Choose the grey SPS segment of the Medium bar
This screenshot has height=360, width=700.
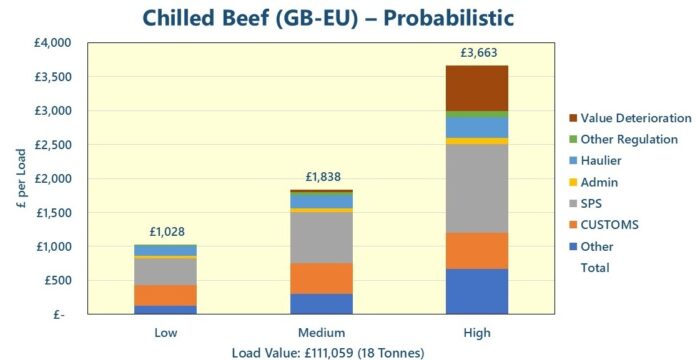321,237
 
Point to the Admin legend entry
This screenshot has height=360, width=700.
599,182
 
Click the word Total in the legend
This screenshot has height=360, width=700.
595,267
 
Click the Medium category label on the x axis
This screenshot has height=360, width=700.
321,332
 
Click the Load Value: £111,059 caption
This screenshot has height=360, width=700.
320,351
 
